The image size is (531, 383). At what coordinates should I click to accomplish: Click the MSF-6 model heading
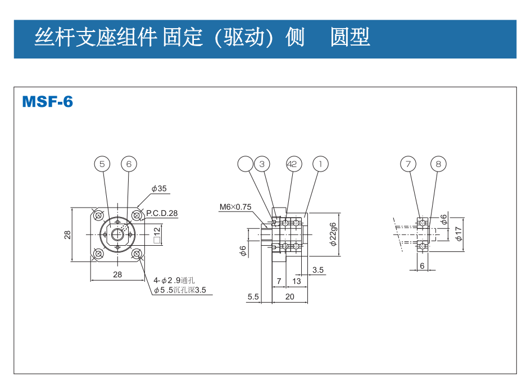point(48,102)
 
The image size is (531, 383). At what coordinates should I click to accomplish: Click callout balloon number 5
point(102,164)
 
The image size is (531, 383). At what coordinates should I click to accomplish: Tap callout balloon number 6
point(129,164)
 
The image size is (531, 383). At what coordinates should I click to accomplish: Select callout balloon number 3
point(262,164)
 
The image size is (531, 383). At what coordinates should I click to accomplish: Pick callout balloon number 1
point(320,164)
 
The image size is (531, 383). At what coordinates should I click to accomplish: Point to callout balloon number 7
point(409,164)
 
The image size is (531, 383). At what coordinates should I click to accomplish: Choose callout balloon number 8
point(439,164)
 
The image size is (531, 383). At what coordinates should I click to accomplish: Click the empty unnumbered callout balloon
point(246,164)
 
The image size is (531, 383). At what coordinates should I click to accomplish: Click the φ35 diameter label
point(159,189)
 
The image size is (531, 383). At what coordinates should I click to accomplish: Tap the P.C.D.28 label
point(162,213)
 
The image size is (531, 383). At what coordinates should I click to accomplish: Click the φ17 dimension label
point(459,233)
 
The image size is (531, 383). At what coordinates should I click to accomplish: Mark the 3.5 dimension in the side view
point(318,270)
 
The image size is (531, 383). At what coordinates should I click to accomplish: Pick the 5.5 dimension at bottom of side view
point(253,296)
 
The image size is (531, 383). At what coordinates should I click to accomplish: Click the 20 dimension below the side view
point(290,296)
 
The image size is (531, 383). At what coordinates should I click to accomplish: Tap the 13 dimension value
point(297,281)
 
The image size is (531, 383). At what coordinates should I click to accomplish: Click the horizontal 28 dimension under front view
point(117,274)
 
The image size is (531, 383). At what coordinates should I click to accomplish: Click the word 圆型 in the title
point(350,38)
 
